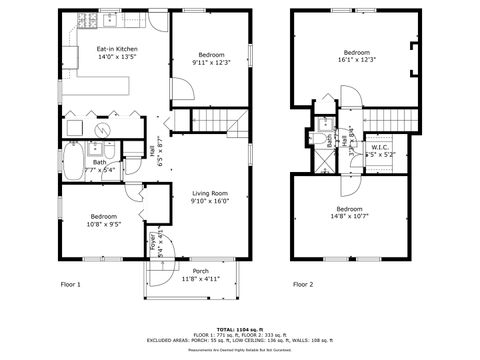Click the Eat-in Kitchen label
coord(116,49)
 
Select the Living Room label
coord(210,193)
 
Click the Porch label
coord(200,271)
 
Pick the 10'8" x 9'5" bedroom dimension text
coord(104,225)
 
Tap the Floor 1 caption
coord(71,284)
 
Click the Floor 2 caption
coord(303,284)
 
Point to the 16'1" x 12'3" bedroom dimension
coord(357,60)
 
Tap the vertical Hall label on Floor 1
coord(152,150)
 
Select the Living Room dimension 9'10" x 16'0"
coord(210,201)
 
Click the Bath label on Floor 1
coord(100,162)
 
